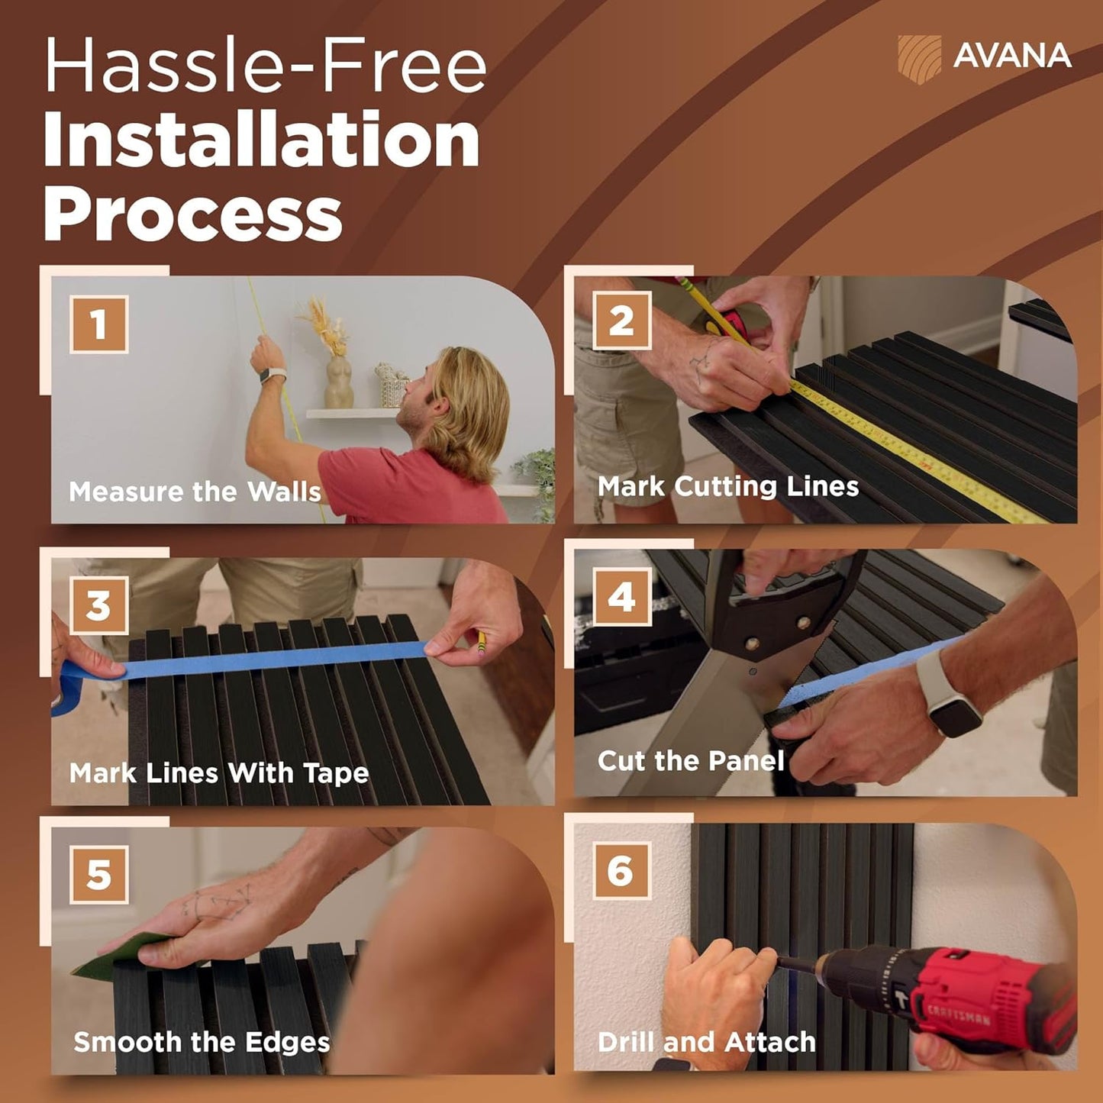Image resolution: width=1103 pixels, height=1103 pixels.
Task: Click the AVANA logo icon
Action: pos(919,60)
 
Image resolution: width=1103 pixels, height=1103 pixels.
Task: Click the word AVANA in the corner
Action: pos(1012,56)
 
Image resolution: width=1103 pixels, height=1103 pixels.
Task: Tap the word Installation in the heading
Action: pos(262,138)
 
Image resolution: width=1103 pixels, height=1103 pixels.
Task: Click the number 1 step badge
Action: pos(98,324)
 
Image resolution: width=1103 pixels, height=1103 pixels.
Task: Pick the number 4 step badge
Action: pos(621,597)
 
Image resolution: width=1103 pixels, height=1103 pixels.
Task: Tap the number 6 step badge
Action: pos(621,871)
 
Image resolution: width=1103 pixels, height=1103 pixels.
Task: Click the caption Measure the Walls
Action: pos(195,492)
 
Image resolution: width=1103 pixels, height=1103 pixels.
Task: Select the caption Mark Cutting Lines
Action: pos(728,487)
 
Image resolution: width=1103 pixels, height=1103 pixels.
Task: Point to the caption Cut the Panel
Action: pos(691,761)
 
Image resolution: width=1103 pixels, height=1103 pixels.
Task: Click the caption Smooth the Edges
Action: pos(202,1042)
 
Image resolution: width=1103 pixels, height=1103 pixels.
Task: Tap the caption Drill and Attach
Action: pos(707,1042)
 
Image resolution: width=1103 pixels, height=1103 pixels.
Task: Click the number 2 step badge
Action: pos(621,321)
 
